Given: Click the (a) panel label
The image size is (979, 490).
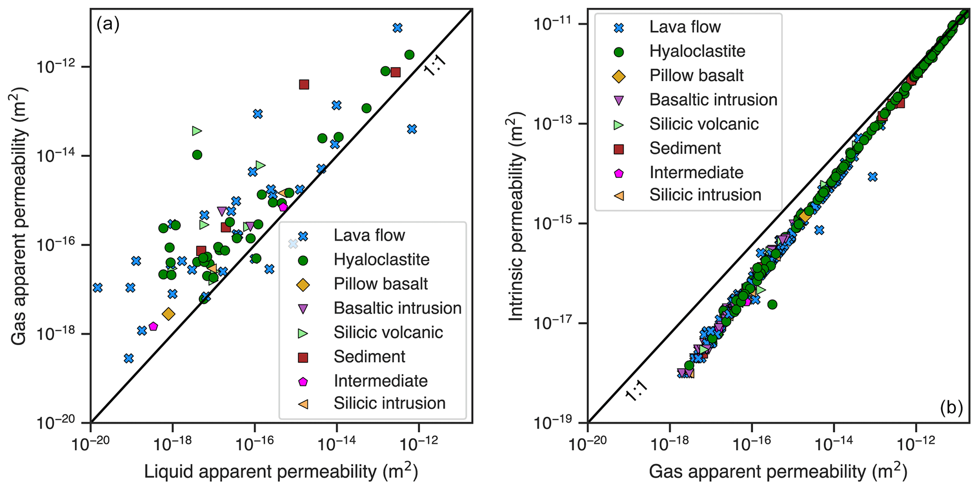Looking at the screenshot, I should point(108,24).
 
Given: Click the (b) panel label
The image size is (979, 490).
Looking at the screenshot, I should point(951,407).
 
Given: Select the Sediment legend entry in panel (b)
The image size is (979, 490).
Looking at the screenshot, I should point(685,148).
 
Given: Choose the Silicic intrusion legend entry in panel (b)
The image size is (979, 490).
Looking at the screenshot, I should point(705,195).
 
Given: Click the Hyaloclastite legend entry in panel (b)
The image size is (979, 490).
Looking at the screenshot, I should point(697,51).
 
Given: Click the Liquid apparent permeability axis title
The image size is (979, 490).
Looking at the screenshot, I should point(281,472).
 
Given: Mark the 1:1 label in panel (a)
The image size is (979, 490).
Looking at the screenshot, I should point(435,67).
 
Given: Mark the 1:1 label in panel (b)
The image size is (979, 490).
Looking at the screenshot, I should point(636,390).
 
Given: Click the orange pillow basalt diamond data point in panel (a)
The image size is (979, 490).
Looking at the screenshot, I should point(168,314).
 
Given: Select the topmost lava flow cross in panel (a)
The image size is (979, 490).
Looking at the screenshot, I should point(397,28).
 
